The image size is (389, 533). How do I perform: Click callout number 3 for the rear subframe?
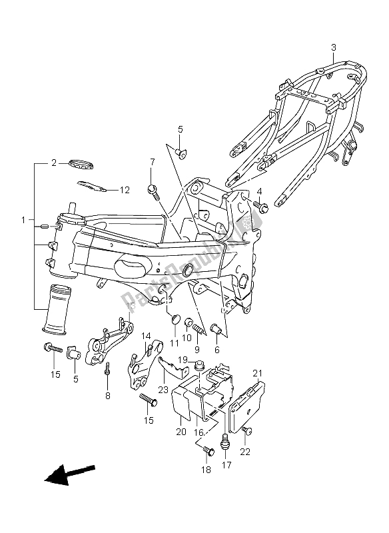tap(334, 47)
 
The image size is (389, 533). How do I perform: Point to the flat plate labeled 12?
tap(92, 187)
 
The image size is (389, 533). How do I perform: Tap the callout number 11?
tap(175, 342)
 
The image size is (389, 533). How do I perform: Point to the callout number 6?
tap(216, 349)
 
